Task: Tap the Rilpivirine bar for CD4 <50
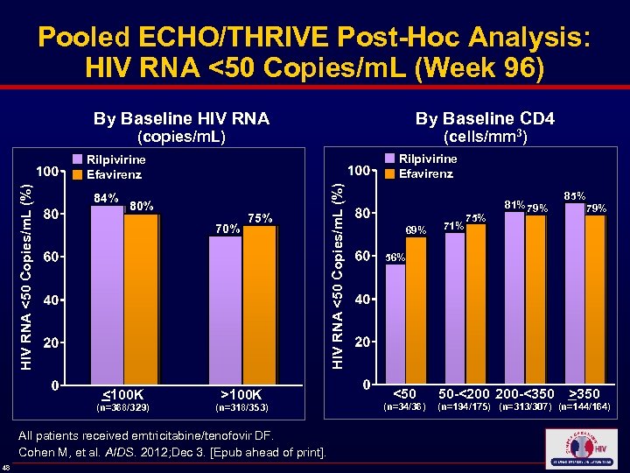[395, 324]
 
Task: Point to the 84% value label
[107, 198]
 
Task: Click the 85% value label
[575, 195]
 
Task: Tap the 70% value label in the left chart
[227, 229]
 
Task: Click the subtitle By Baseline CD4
[485, 118]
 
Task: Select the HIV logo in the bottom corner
[581, 448]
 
